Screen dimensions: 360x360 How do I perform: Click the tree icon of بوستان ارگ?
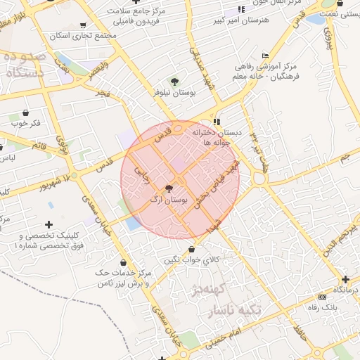(169, 188)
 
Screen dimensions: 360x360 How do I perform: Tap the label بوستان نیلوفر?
(174, 93)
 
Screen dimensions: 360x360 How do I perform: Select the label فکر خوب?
(25, 124)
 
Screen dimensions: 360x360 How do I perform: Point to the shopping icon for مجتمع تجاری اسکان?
(83, 25)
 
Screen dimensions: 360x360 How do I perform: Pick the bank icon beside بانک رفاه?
(322, 297)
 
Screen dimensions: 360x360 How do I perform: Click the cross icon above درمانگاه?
(345, 278)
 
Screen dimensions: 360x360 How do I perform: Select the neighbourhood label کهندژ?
(208, 288)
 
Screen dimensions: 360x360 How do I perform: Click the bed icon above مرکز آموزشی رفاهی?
(264, 56)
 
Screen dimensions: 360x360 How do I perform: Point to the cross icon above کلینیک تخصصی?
(49, 224)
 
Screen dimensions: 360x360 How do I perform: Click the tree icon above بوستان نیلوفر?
(174, 82)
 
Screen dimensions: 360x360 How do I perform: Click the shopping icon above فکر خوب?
(25, 112)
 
